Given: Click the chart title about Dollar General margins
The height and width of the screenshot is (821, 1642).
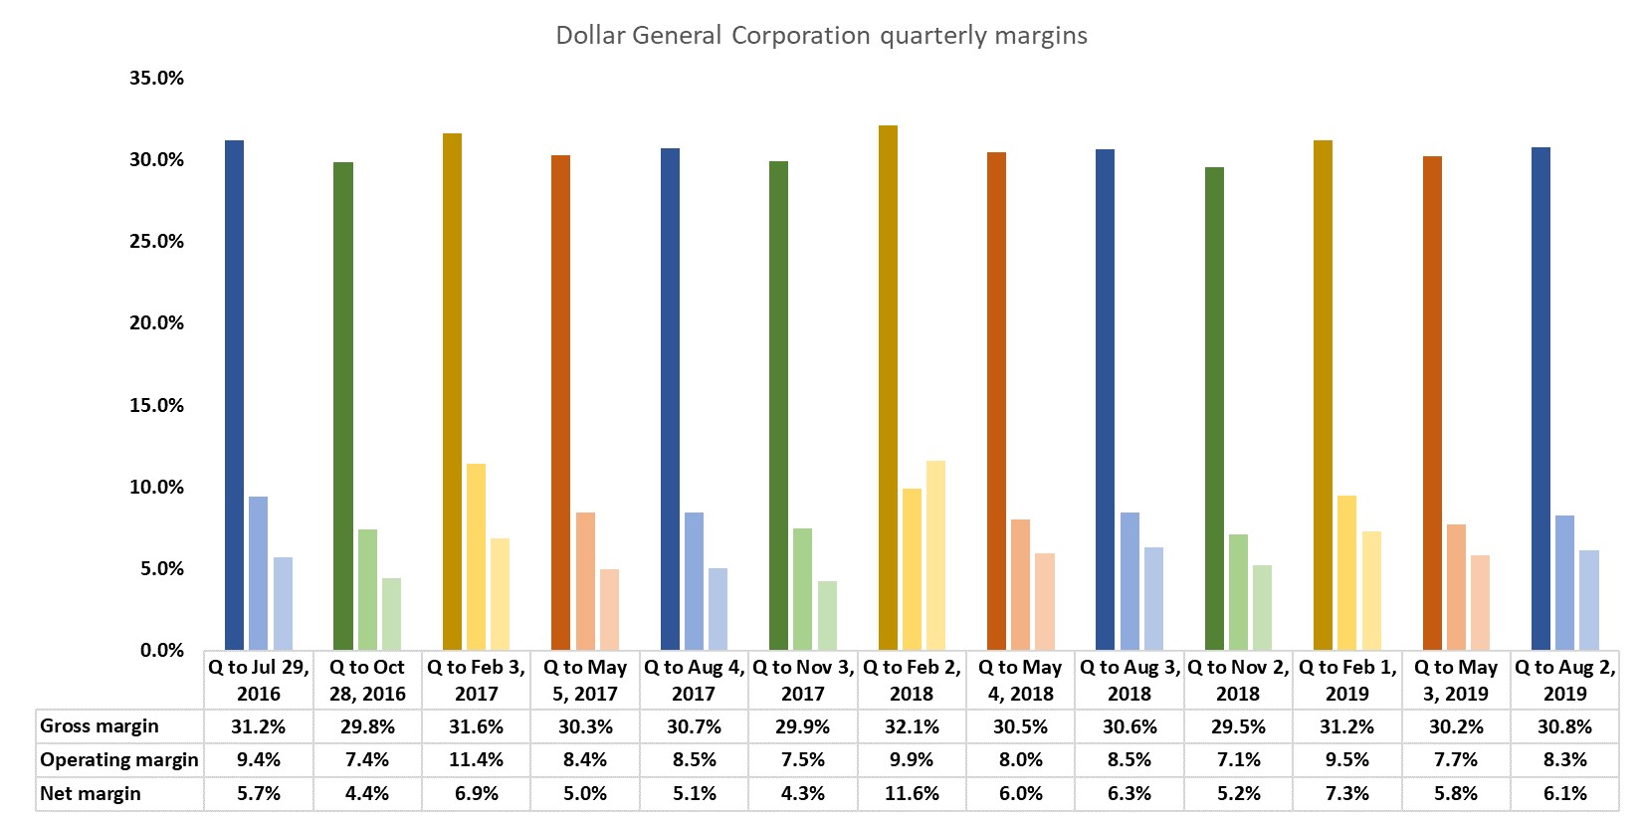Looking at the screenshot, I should tap(821, 36).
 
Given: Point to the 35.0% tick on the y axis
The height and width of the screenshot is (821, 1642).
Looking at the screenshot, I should tap(156, 78).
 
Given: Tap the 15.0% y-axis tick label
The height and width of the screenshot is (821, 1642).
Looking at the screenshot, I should tap(156, 405).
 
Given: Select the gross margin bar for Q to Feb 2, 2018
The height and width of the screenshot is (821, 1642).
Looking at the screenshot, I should tap(888, 388).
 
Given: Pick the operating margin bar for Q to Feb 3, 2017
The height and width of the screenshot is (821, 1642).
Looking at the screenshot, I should tap(476, 557).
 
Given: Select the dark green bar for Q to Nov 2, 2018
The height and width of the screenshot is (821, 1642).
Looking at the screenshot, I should tap(1214, 408).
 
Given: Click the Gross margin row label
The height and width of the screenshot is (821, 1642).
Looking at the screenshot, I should tap(100, 726).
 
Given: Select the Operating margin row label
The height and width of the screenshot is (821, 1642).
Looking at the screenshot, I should tap(119, 760).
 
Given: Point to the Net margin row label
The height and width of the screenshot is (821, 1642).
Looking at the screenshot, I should tap(91, 794).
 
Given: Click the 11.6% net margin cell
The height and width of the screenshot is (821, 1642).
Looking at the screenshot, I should tap(912, 794).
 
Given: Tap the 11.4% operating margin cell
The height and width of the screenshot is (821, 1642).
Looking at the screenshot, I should tap(476, 760).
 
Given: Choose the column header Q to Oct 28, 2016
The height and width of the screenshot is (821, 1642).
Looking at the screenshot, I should tap(367, 680).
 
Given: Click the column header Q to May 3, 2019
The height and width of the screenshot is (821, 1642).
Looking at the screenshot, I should tap(1456, 680).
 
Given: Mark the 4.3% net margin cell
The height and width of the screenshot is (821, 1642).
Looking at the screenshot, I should tap(802, 794).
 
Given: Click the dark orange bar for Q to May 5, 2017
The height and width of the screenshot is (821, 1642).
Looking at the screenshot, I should tap(560, 403).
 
